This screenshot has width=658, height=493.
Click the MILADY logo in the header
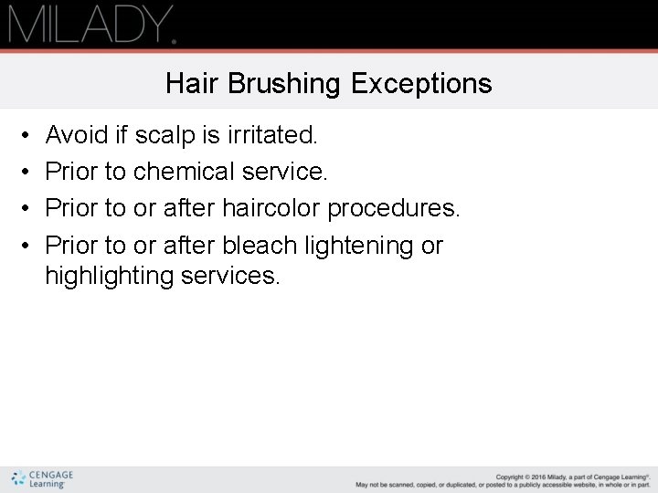click(x=91, y=25)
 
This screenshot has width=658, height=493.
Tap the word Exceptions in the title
click(x=421, y=84)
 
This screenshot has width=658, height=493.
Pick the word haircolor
click(x=271, y=208)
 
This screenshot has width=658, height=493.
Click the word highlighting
click(x=109, y=276)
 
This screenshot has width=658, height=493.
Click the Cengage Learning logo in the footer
click(x=43, y=478)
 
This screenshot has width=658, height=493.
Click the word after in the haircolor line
click(x=187, y=208)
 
